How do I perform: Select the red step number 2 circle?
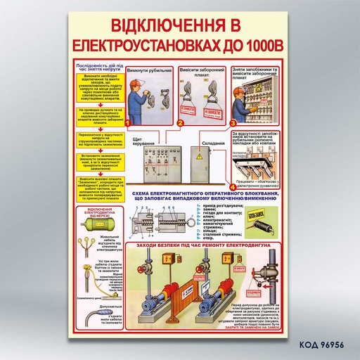coord(180,123)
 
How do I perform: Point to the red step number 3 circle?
coord(233,123)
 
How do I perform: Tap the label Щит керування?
coord(143,141)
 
